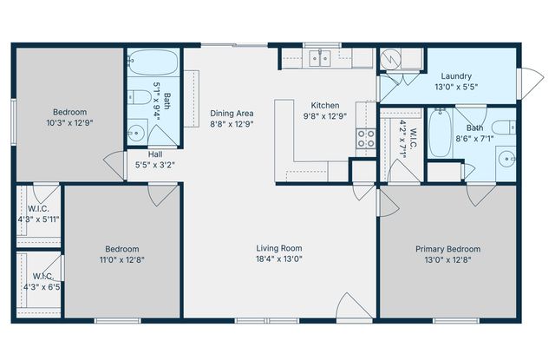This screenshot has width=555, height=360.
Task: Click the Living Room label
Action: (279, 248)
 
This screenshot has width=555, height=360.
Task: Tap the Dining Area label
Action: (232, 114)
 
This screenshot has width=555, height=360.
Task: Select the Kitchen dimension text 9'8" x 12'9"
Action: (325, 116)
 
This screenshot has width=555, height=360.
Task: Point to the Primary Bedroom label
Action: (447, 249)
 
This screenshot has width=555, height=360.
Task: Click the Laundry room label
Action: (456, 76)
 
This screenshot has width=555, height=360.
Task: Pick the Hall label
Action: (155, 154)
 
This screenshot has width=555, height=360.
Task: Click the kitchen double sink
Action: (320, 58)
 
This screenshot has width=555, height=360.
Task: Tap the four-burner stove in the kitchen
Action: (366, 139)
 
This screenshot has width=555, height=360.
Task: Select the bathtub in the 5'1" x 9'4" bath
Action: (153, 62)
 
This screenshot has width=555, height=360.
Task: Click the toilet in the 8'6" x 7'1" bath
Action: (504, 127)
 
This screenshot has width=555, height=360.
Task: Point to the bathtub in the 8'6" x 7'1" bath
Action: (440, 133)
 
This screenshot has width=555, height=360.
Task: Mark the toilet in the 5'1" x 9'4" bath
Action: (140, 96)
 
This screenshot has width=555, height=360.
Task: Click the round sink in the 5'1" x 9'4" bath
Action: (135, 133)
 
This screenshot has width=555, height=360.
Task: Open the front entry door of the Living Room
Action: (355, 306)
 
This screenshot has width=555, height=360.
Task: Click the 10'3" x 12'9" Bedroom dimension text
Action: (69, 123)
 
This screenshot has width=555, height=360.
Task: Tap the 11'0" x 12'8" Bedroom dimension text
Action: (122, 260)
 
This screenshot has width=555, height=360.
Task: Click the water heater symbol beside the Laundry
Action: (390, 59)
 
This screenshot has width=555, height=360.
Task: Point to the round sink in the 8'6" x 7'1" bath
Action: (507, 159)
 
